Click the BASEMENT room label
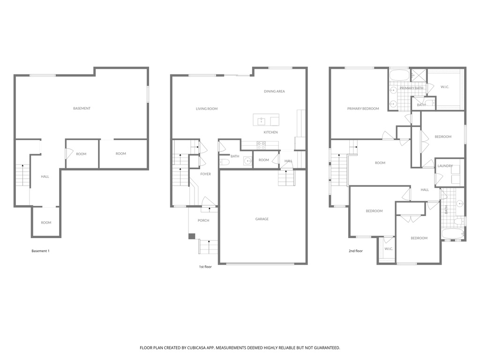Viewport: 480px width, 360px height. coord(82,108)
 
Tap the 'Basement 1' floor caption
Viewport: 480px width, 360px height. coord(40,251)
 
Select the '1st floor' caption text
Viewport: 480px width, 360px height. coord(205,267)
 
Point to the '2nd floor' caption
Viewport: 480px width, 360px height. coord(355,251)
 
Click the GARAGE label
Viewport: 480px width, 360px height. coord(262,219)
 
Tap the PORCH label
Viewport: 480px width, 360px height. coord(203,220)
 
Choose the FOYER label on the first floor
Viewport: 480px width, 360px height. coord(206,174)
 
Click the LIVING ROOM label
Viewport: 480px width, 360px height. coord(207,109)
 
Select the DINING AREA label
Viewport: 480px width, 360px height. coord(274,91)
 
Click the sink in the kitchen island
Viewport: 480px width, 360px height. coord(261,121)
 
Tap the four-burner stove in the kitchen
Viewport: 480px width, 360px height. coord(261,146)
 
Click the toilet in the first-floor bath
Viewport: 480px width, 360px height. coord(224,162)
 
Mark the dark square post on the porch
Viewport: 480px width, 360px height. coord(192,236)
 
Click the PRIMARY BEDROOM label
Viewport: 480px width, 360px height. coord(363,109)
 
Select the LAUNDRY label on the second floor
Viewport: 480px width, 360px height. coord(445,166)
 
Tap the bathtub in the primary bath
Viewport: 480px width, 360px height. coord(399,75)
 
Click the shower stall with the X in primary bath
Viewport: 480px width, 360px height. coord(419,75)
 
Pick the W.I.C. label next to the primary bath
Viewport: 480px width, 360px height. coord(445,87)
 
